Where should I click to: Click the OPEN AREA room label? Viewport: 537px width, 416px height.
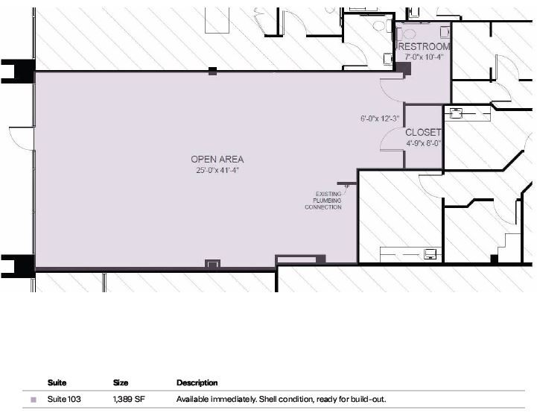[217, 160]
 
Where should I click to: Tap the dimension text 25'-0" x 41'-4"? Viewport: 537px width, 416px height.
[217, 171]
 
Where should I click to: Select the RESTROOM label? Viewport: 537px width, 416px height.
[424, 46]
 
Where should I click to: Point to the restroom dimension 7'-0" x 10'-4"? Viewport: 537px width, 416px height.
[424, 57]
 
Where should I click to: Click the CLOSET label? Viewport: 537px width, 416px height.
[424, 133]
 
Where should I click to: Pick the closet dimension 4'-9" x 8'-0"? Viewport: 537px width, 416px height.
[424, 143]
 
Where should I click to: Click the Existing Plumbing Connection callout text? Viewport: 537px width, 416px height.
[323, 201]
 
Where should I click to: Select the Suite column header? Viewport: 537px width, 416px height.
[57, 382]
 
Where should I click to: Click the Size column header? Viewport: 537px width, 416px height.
[121, 382]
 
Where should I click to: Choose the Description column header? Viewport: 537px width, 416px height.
[197, 382]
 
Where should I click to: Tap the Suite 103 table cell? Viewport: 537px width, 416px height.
[64, 400]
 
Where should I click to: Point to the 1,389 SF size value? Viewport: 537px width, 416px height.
[129, 400]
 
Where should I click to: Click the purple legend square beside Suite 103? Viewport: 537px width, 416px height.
[33, 400]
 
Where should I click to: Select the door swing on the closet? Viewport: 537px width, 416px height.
[392, 139]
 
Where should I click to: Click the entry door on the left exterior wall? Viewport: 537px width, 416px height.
[21, 138]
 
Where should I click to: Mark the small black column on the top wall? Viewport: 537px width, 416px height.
[212, 71]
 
